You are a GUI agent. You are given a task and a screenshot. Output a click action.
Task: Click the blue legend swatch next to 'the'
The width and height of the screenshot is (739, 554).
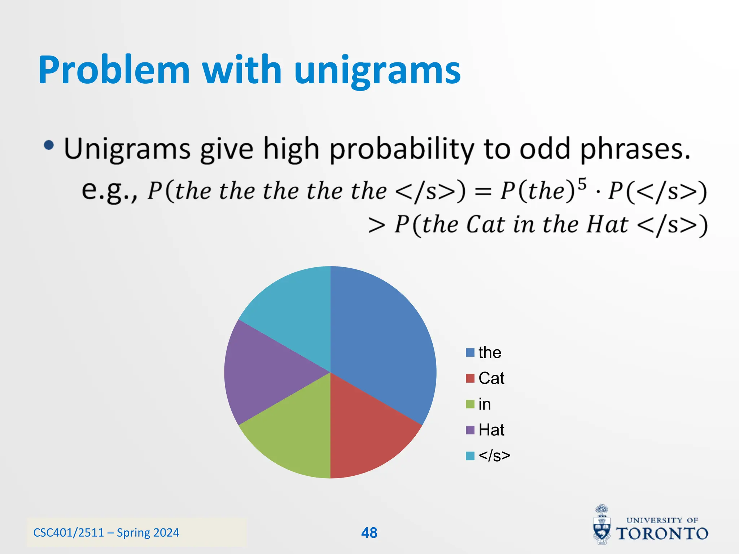click(x=470, y=352)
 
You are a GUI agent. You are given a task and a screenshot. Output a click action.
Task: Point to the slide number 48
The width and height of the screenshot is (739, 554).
click(x=369, y=533)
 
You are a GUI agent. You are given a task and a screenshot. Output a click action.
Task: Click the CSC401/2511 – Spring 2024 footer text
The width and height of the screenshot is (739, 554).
click(x=106, y=533)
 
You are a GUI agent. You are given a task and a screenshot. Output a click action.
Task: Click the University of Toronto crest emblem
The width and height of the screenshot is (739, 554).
click(x=602, y=525)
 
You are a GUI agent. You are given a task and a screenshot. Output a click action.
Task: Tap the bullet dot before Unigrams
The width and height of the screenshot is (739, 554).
click(x=49, y=145)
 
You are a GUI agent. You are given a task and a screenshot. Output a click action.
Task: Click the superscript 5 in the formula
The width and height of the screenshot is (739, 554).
click(x=582, y=184)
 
